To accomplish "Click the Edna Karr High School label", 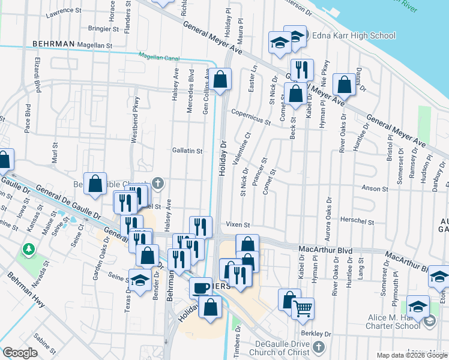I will click(354, 35).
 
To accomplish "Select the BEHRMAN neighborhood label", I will click(53, 44).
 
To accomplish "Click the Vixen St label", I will click(238, 224).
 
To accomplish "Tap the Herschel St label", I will click(358, 221).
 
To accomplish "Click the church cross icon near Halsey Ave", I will click(158, 183).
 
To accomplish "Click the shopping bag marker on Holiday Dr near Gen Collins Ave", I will click(220, 79).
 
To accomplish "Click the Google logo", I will click(20, 353).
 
